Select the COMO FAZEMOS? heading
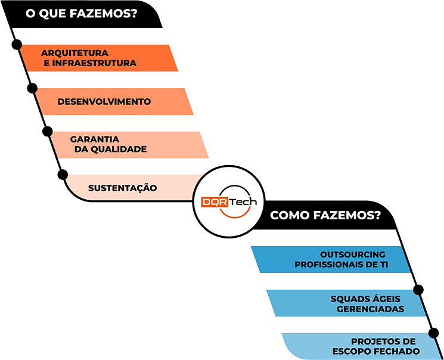[325, 215]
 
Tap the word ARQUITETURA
[75, 52]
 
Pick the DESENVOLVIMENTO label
[104, 101]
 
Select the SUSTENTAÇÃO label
[123, 188]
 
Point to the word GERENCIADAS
[370, 309]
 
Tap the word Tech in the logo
[241, 202]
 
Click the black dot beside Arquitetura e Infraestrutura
[17, 45]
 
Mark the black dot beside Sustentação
[63, 174]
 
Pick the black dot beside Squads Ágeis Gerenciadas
[418, 290]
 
